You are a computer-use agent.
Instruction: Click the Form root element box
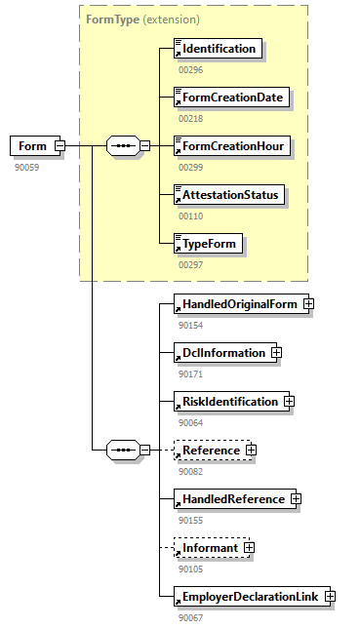(33, 146)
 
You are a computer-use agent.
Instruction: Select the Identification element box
(218, 48)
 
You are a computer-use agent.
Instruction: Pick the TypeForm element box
(207, 243)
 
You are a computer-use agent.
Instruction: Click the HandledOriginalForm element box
(237, 303)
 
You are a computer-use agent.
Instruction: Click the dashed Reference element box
(210, 451)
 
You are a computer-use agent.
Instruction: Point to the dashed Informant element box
(209, 548)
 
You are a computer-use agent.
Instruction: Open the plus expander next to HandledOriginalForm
(308, 303)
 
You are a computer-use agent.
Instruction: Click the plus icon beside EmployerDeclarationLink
(330, 596)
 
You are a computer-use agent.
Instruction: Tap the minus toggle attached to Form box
(60, 146)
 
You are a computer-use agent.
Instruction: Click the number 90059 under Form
(26, 167)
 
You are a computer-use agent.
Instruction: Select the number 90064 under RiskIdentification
(191, 422)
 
